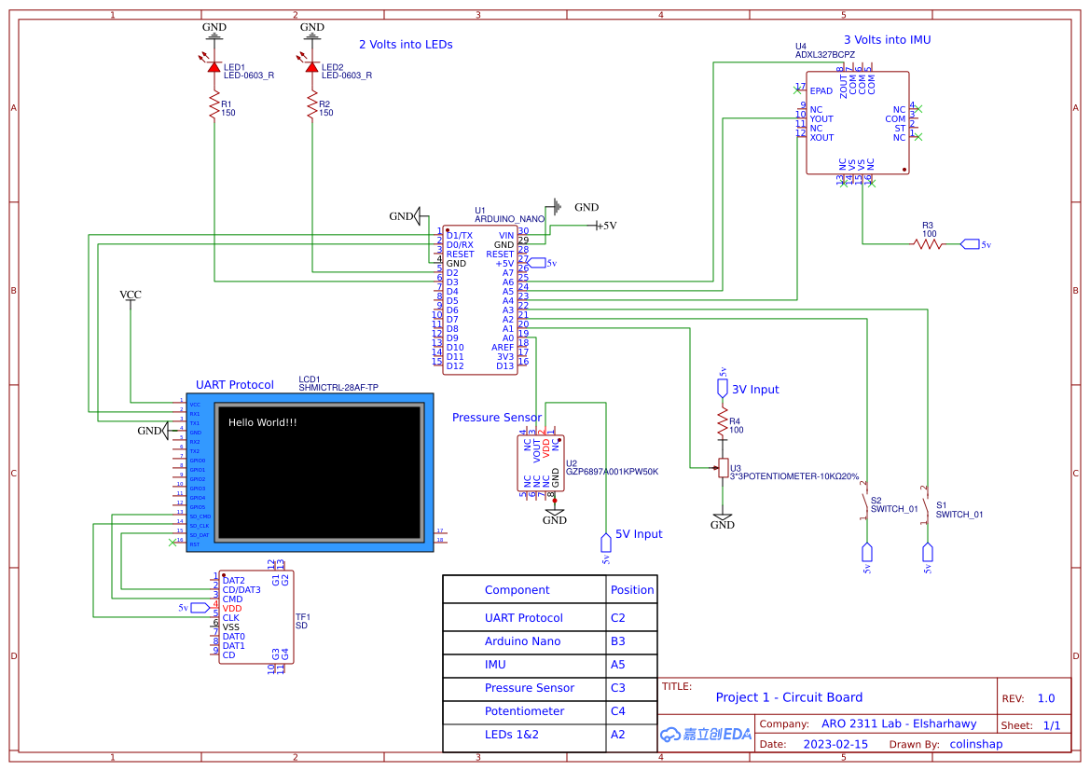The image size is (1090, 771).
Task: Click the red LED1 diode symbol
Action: [x=214, y=67]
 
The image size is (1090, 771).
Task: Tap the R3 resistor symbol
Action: [x=928, y=244]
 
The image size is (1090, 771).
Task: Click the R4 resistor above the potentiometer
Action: [x=722, y=425]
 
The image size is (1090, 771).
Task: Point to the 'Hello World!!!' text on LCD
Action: [x=263, y=422]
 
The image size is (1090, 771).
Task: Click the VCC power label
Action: [x=131, y=295]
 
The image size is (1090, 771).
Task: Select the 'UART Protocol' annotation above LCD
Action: [x=235, y=385]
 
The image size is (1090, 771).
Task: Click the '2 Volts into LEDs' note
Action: [x=406, y=44]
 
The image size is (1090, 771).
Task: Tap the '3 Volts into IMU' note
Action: [x=887, y=40]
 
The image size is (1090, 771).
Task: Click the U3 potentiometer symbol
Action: [x=723, y=467]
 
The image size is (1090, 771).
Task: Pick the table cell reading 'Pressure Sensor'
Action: [x=529, y=688]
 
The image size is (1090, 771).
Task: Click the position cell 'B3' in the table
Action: [x=618, y=641]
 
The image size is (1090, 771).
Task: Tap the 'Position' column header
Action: [x=632, y=590]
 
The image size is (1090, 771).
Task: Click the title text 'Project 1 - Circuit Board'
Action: [x=789, y=697]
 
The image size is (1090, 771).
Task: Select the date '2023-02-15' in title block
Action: [x=835, y=745]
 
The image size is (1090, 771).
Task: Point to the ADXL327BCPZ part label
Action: [x=825, y=55]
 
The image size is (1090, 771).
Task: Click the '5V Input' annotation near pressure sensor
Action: [x=639, y=534]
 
